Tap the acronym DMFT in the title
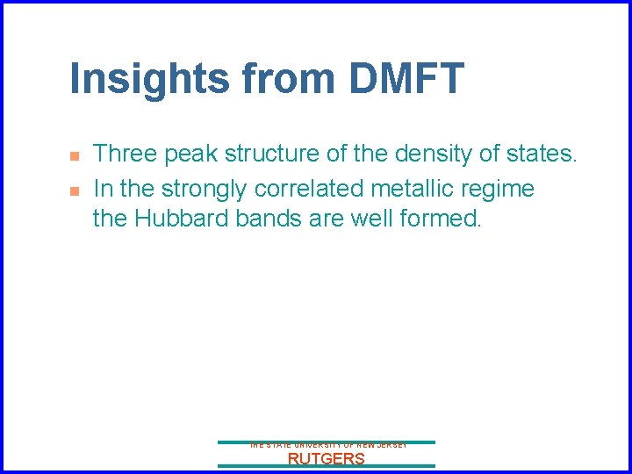(x=406, y=78)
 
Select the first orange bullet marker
(x=75, y=156)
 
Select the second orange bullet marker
(x=75, y=190)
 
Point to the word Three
(x=126, y=154)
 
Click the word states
(x=543, y=154)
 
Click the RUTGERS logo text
(x=327, y=458)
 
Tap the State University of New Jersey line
(x=327, y=446)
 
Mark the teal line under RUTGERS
(x=327, y=466)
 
